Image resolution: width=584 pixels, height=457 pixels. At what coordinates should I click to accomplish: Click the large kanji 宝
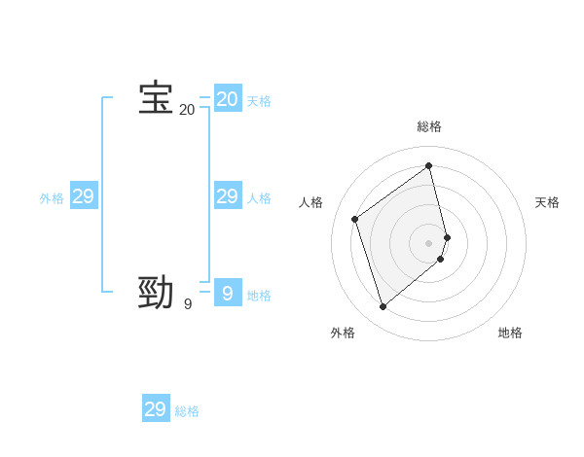pyautogui.click(x=156, y=98)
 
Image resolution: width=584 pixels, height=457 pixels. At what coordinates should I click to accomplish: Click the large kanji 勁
pyautogui.click(x=156, y=293)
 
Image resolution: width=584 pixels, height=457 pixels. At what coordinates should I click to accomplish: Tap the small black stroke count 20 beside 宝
pyautogui.click(x=187, y=110)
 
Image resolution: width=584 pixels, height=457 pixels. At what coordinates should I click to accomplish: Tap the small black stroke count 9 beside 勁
pyautogui.click(x=187, y=304)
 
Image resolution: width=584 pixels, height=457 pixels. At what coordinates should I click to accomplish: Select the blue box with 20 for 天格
pyautogui.click(x=227, y=98)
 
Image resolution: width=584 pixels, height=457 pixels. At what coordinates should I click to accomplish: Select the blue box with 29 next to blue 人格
pyautogui.click(x=227, y=196)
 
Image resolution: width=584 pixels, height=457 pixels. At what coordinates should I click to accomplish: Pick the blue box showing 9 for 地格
pyautogui.click(x=227, y=293)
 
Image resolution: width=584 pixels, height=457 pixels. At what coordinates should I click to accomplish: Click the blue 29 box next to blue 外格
pyautogui.click(x=83, y=196)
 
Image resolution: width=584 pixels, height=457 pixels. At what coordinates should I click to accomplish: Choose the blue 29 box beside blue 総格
pyautogui.click(x=155, y=409)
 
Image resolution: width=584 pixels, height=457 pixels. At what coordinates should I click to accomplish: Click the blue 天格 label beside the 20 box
pyautogui.click(x=259, y=101)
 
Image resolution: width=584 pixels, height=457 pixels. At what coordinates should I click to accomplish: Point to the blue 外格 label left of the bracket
pyautogui.click(x=52, y=198)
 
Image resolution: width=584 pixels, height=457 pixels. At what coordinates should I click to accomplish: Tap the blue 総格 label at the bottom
pyautogui.click(x=187, y=411)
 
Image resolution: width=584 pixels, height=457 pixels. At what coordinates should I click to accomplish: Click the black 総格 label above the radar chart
pyautogui.click(x=429, y=126)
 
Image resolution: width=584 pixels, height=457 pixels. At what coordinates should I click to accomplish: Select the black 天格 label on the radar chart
pyautogui.click(x=547, y=202)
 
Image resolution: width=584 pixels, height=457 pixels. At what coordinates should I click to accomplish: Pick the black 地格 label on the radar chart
pyautogui.click(x=510, y=333)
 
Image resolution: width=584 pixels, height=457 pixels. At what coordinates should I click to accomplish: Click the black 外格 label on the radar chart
pyautogui.click(x=343, y=333)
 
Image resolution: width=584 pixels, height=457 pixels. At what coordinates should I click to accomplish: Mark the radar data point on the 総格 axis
pyautogui.click(x=429, y=165)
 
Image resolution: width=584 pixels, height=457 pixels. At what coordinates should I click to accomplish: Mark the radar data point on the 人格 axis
pyautogui.click(x=355, y=219)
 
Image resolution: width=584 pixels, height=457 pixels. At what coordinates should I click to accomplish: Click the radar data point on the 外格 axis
pyautogui.click(x=383, y=307)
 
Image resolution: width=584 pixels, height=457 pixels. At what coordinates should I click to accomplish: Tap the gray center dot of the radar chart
pyautogui.click(x=429, y=242)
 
